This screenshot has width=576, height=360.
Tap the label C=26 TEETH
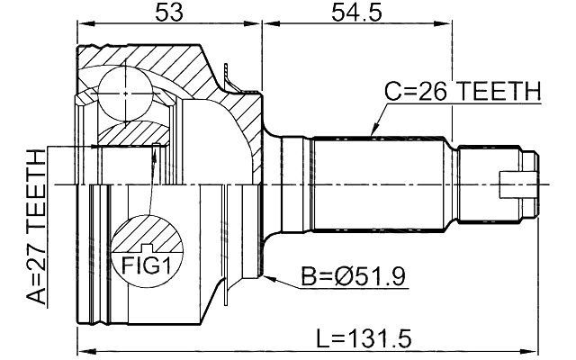coord(463,92)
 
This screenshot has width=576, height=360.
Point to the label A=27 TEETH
coord(35,229)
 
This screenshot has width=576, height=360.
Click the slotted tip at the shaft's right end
coord(521,184)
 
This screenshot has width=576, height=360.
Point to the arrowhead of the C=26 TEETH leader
coord(372,135)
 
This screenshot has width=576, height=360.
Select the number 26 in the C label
coord(428,92)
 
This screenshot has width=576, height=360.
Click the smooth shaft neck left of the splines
coord(295,184)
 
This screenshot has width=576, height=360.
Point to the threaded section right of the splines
coord(474,184)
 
